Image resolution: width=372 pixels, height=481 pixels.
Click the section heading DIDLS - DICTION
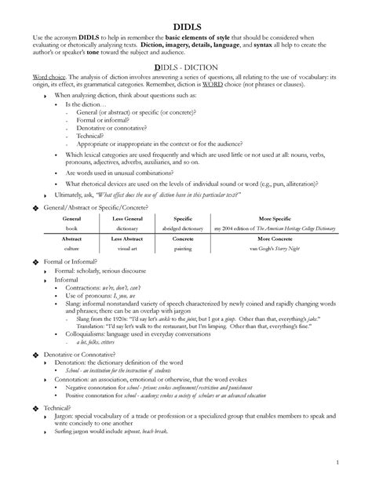186,68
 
